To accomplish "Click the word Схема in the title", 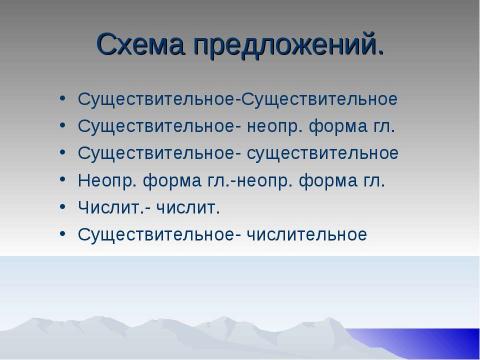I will click(x=147, y=45).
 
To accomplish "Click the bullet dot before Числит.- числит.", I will click(x=65, y=209).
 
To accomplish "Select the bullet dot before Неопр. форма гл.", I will click(x=65, y=182).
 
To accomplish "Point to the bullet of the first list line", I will click(x=65, y=101).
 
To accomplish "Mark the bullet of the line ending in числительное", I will click(x=65, y=236).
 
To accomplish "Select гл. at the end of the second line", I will click(x=381, y=127).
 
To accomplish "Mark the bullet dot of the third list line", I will click(x=65, y=155).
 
